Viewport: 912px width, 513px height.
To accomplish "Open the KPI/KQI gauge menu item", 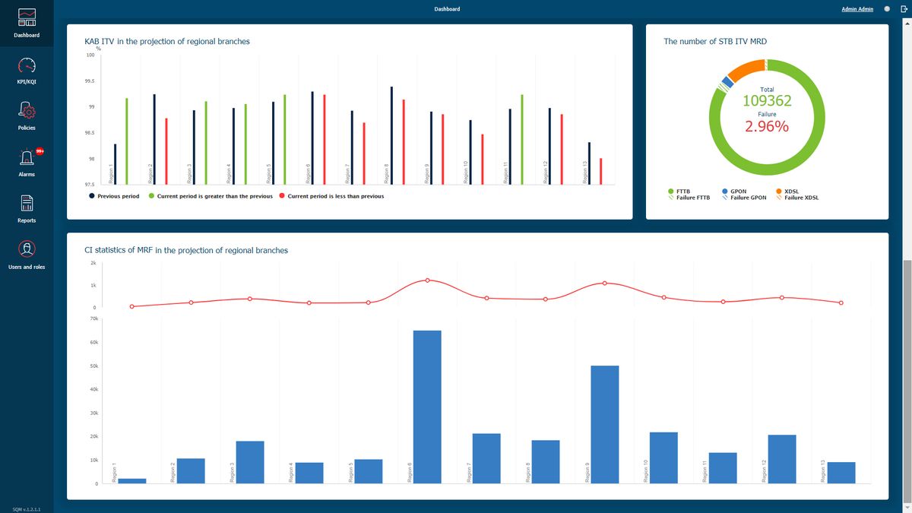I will coord(27,66).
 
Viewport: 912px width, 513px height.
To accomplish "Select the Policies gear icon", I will coord(27,112).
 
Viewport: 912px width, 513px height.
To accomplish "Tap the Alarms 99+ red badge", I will coord(40,151).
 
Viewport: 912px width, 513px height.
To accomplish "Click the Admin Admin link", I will coord(857,9).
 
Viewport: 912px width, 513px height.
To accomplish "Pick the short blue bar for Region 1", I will coord(131,481).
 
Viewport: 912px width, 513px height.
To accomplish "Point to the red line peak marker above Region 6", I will coord(427,280).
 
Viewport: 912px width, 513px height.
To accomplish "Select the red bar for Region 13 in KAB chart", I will coord(600,171).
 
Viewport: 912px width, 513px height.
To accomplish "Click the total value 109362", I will coord(767,101).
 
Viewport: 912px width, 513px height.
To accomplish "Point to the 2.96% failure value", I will coord(767,126).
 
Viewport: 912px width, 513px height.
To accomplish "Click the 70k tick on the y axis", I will coord(93,318).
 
